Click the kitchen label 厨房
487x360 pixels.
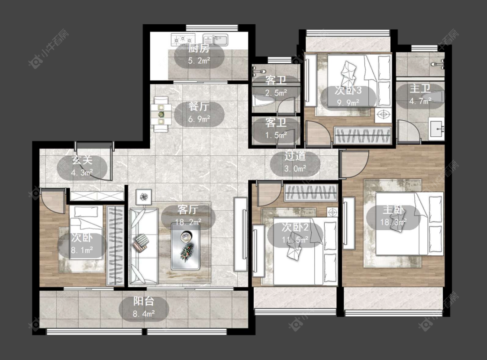(199, 48)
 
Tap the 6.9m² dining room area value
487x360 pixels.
(199, 119)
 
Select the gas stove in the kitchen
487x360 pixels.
(183, 40)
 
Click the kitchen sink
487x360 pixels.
(216, 40)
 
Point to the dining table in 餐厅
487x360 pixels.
(161, 115)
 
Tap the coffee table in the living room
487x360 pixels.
(185, 247)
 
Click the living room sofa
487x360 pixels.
(143, 246)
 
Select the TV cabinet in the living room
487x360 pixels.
(241, 235)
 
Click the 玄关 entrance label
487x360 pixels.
(82, 161)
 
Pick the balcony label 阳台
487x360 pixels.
(144, 301)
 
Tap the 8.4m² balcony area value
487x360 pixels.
(144, 313)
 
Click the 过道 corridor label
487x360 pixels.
(295, 156)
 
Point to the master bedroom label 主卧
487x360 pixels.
(393, 210)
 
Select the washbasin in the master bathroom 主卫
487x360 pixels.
(437, 128)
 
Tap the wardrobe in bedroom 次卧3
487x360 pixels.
(362, 135)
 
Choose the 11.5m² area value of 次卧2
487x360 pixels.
(295, 239)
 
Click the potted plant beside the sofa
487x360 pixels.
(143, 197)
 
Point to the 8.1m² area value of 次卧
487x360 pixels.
(82, 250)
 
